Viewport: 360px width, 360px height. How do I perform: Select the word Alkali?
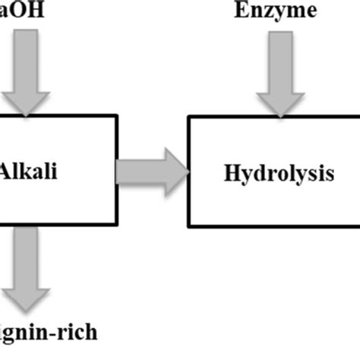point(29,169)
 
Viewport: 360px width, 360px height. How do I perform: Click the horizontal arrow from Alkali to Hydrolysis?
point(153,170)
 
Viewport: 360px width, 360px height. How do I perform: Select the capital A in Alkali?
point(7,169)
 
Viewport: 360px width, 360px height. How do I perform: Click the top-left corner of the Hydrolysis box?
point(189,116)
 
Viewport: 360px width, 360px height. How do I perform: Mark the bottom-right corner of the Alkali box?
point(118,226)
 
